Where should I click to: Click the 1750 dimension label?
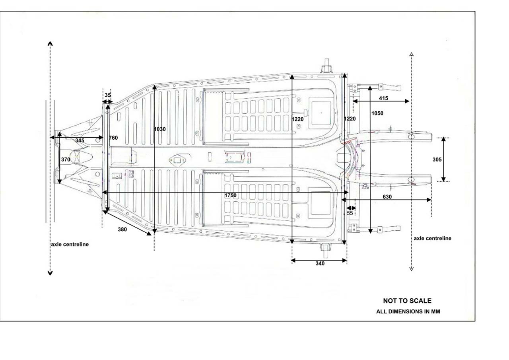point(230,196)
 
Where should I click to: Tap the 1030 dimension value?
point(160,129)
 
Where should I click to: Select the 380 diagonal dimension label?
point(122,230)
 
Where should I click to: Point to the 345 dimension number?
point(80,141)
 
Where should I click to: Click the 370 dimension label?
point(66,160)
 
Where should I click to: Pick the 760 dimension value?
point(113,138)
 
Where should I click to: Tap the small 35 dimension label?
point(108,95)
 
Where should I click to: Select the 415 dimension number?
point(384,98)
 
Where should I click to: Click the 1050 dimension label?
point(377,113)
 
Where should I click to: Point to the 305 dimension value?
point(437,160)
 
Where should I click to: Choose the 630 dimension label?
point(387,197)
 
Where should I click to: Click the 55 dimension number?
point(350,213)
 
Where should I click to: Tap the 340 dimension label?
point(320,264)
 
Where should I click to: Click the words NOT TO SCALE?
point(407,301)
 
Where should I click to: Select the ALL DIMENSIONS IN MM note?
point(408,312)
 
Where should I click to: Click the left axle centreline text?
point(70,244)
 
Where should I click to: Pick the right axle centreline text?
point(433,238)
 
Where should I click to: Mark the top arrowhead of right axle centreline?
point(412,54)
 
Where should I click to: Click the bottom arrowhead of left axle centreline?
point(50,273)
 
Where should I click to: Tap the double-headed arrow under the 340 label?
point(319,261)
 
